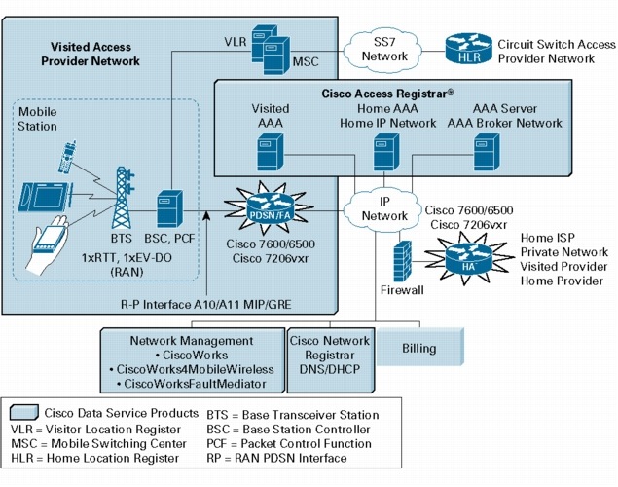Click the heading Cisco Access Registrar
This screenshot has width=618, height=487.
point(387,94)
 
